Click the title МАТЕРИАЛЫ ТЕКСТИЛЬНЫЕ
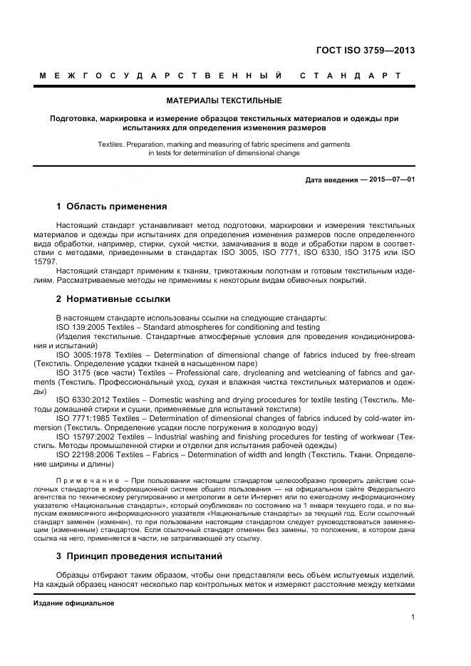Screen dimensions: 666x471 click(224, 100)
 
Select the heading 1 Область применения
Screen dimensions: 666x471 click(111, 207)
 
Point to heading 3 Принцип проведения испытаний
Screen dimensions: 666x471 click(139, 556)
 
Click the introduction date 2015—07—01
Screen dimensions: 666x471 click(392, 179)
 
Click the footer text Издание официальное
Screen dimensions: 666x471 click(74, 603)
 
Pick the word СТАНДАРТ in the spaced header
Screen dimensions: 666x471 click(350, 76)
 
